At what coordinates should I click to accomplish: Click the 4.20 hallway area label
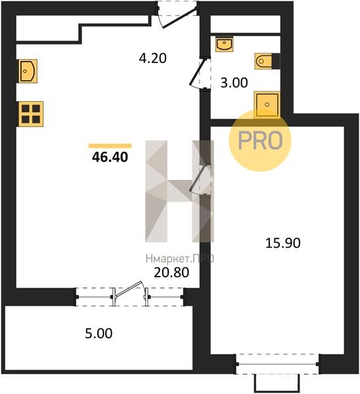point(152,58)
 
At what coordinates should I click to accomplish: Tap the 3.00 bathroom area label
point(234,83)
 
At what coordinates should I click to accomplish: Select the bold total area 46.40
point(110,158)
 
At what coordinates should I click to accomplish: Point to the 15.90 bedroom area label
point(283,243)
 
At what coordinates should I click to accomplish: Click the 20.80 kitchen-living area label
point(171,273)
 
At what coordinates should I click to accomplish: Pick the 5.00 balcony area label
point(99,334)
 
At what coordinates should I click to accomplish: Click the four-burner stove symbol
point(30,114)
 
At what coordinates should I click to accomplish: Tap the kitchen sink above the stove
point(27,71)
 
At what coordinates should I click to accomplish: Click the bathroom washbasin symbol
point(224,45)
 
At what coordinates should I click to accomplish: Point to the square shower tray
point(267,104)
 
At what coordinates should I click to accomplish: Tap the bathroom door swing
point(199,74)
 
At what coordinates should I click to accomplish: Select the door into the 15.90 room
point(200,179)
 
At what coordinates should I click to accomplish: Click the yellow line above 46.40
point(110,146)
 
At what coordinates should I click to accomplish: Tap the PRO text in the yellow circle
point(260,141)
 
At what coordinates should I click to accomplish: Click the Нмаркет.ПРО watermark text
point(180,258)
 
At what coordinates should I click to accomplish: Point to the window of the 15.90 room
point(277,364)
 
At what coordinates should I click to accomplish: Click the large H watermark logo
point(180,191)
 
